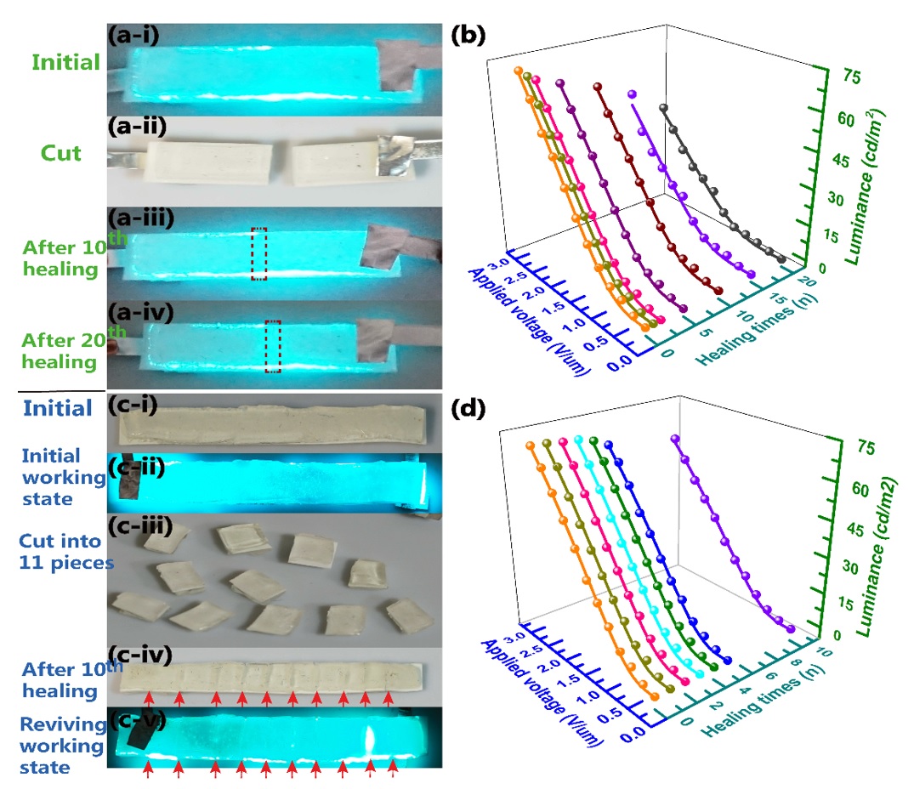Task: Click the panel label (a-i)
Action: click(133, 35)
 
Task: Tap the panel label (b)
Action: click(468, 35)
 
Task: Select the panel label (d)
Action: click(468, 408)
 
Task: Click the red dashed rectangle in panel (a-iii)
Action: click(258, 253)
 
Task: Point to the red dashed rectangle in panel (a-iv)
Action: click(273, 346)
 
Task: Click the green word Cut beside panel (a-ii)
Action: click(60, 153)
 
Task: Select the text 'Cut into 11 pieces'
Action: click(65, 551)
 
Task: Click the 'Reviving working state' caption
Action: click(62, 746)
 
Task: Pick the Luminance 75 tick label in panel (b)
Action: click(851, 77)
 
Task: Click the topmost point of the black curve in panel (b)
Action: click(663, 108)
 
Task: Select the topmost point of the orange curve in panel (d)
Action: click(530, 446)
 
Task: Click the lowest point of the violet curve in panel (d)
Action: click(791, 629)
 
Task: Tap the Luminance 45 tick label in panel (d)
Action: click(855, 529)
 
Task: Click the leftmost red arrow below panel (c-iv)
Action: click(149, 698)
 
